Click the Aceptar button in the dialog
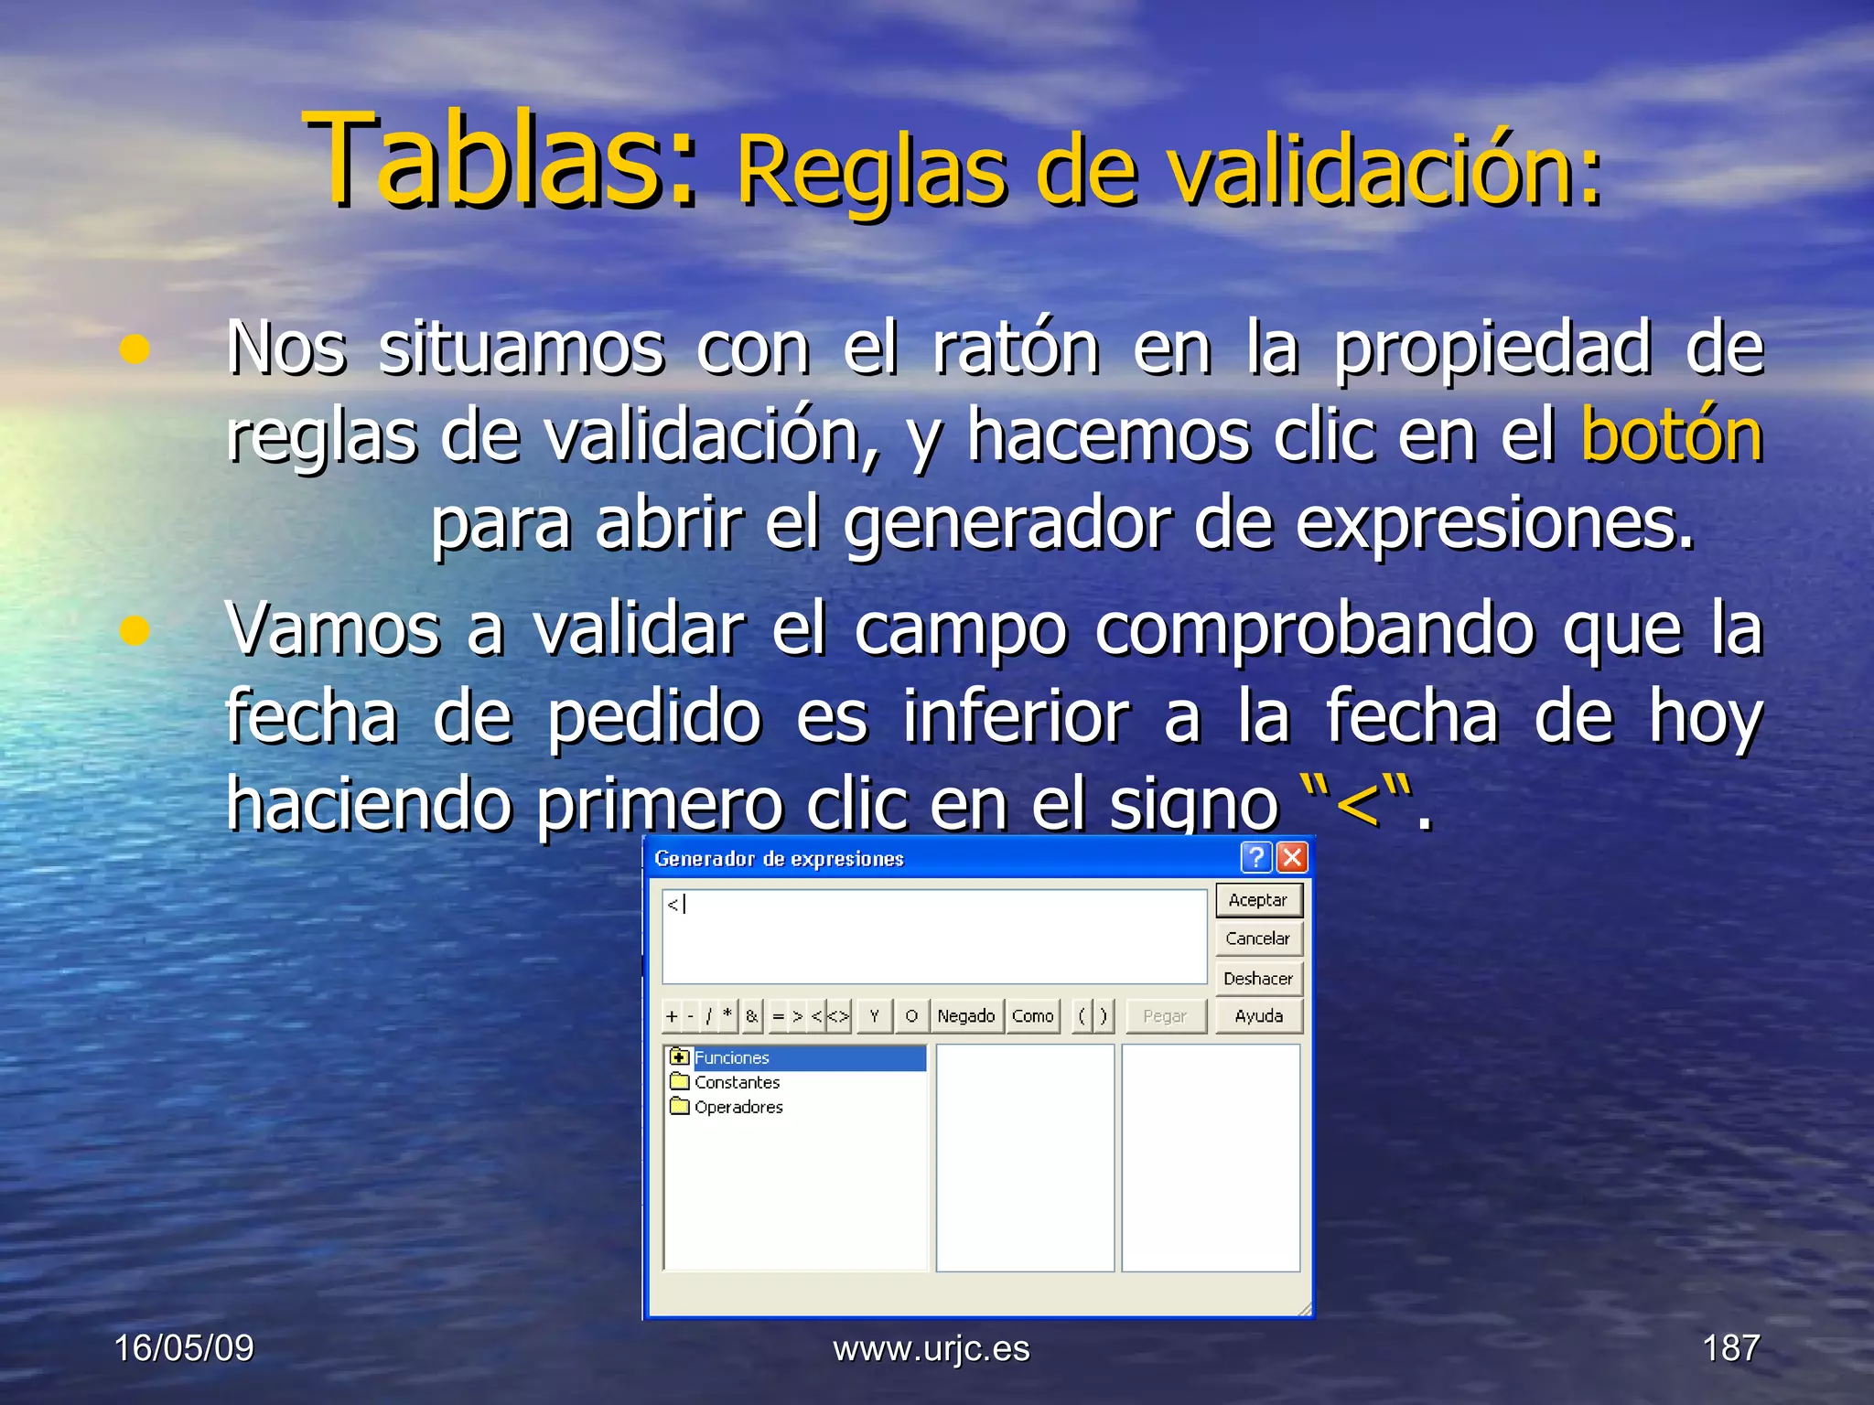coord(1258,900)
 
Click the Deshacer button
coord(1258,979)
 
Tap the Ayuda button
coord(1258,1016)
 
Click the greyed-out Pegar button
coord(1165,1016)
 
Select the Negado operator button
coord(966,1016)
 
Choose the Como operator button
coord(1033,1016)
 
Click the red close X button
coord(1292,858)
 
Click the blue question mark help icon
coord(1256,858)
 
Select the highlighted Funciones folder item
coord(732,1058)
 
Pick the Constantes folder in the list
coord(737,1083)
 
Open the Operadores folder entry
coord(738,1108)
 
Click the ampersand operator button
coord(752,1016)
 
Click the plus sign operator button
coord(673,1016)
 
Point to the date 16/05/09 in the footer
coord(184,1348)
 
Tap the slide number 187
coord(1730,1348)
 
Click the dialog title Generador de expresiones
coord(779,859)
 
